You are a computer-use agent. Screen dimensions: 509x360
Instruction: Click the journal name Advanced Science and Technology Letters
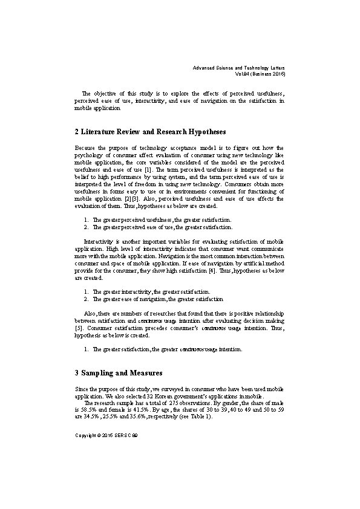click(239, 68)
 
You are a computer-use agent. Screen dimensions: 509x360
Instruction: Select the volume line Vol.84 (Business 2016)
click(260, 74)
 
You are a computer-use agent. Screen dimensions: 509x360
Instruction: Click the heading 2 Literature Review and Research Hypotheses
click(150, 131)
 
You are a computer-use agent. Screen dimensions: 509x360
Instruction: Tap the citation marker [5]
click(79, 328)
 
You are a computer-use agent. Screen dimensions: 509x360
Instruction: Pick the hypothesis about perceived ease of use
click(162, 227)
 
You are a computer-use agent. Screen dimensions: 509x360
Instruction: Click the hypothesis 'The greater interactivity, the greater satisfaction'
click(151, 291)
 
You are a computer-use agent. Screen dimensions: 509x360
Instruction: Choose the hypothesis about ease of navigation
click(157, 299)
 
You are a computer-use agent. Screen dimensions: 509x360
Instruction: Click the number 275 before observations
click(172, 402)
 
